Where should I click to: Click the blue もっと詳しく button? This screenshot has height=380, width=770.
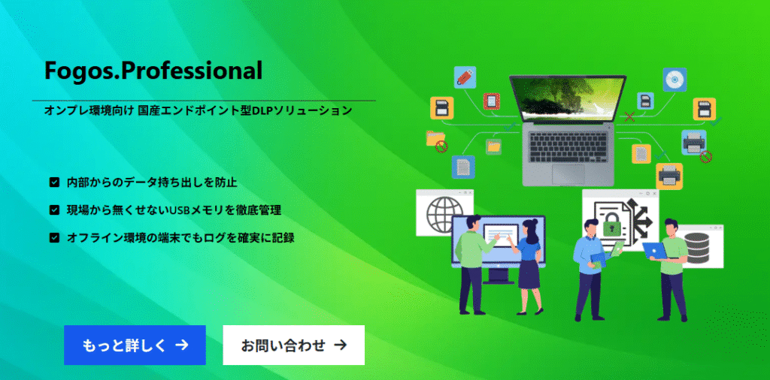[x=135, y=345]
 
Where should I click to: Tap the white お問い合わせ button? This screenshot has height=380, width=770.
[x=294, y=345]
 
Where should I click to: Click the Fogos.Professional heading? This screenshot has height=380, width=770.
[x=153, y=71]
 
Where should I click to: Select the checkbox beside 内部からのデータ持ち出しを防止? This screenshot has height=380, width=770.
[x=54, y=183]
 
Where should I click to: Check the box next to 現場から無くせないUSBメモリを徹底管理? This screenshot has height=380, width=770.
[x=54, y=210]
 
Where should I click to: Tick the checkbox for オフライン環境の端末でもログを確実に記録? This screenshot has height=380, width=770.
[x=54, y=238]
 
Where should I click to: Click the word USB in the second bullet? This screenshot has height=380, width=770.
[x=179, y=210]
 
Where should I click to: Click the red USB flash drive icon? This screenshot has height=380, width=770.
[x=465, y=77]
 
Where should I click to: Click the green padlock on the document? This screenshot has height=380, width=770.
[x=612, y=225]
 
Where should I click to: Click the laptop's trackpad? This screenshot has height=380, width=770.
[x=568, y=173]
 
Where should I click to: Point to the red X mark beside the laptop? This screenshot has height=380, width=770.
[x=629, y=116]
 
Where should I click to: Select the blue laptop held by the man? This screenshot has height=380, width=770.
[x=655, y=251]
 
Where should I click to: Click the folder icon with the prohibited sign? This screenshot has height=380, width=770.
[x=437, y=141]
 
